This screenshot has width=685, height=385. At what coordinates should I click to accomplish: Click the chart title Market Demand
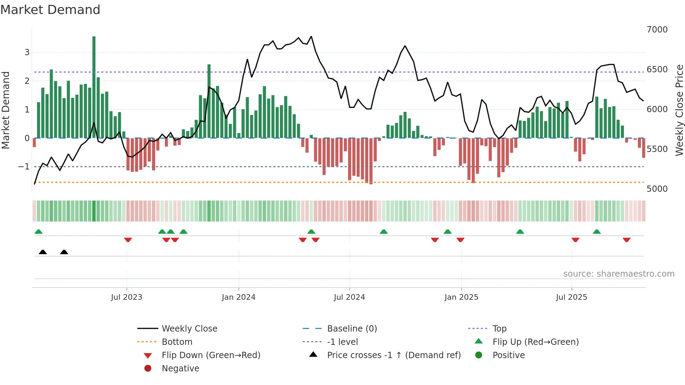[50, 10]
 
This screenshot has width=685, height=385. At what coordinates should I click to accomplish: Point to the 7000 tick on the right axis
[657, 30]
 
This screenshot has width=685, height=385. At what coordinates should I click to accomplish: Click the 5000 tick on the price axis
[657, 189]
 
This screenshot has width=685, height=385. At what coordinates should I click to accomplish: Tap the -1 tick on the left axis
[24, 167]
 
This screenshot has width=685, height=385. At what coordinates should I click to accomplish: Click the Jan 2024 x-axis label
[238, 297]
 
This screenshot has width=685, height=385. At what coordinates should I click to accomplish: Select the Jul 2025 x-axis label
[571, 297]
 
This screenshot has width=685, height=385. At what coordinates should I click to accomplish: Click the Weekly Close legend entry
[189, 329]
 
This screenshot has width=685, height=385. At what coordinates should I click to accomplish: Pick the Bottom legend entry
[177, 342]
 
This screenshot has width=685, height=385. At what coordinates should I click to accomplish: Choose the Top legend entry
[499, 329]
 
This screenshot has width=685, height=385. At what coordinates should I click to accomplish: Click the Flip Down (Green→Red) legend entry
[211, 355]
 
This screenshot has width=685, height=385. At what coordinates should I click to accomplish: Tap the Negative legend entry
[180, 369]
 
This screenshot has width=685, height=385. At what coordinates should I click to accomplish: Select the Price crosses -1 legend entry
[394, 355]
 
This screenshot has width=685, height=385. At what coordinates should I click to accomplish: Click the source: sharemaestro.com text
[619, 274]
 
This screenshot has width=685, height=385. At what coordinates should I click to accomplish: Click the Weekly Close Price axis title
[679, 110]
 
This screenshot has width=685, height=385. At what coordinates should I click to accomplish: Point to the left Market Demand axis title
[6, 110]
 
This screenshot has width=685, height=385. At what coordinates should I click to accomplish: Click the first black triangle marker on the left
[43, 252]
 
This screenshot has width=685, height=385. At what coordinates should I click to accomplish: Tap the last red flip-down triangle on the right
[626, 240]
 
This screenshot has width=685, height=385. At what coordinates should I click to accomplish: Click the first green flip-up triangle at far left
[38, 232]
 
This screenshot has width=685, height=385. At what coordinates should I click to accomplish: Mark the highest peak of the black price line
[311, 36]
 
